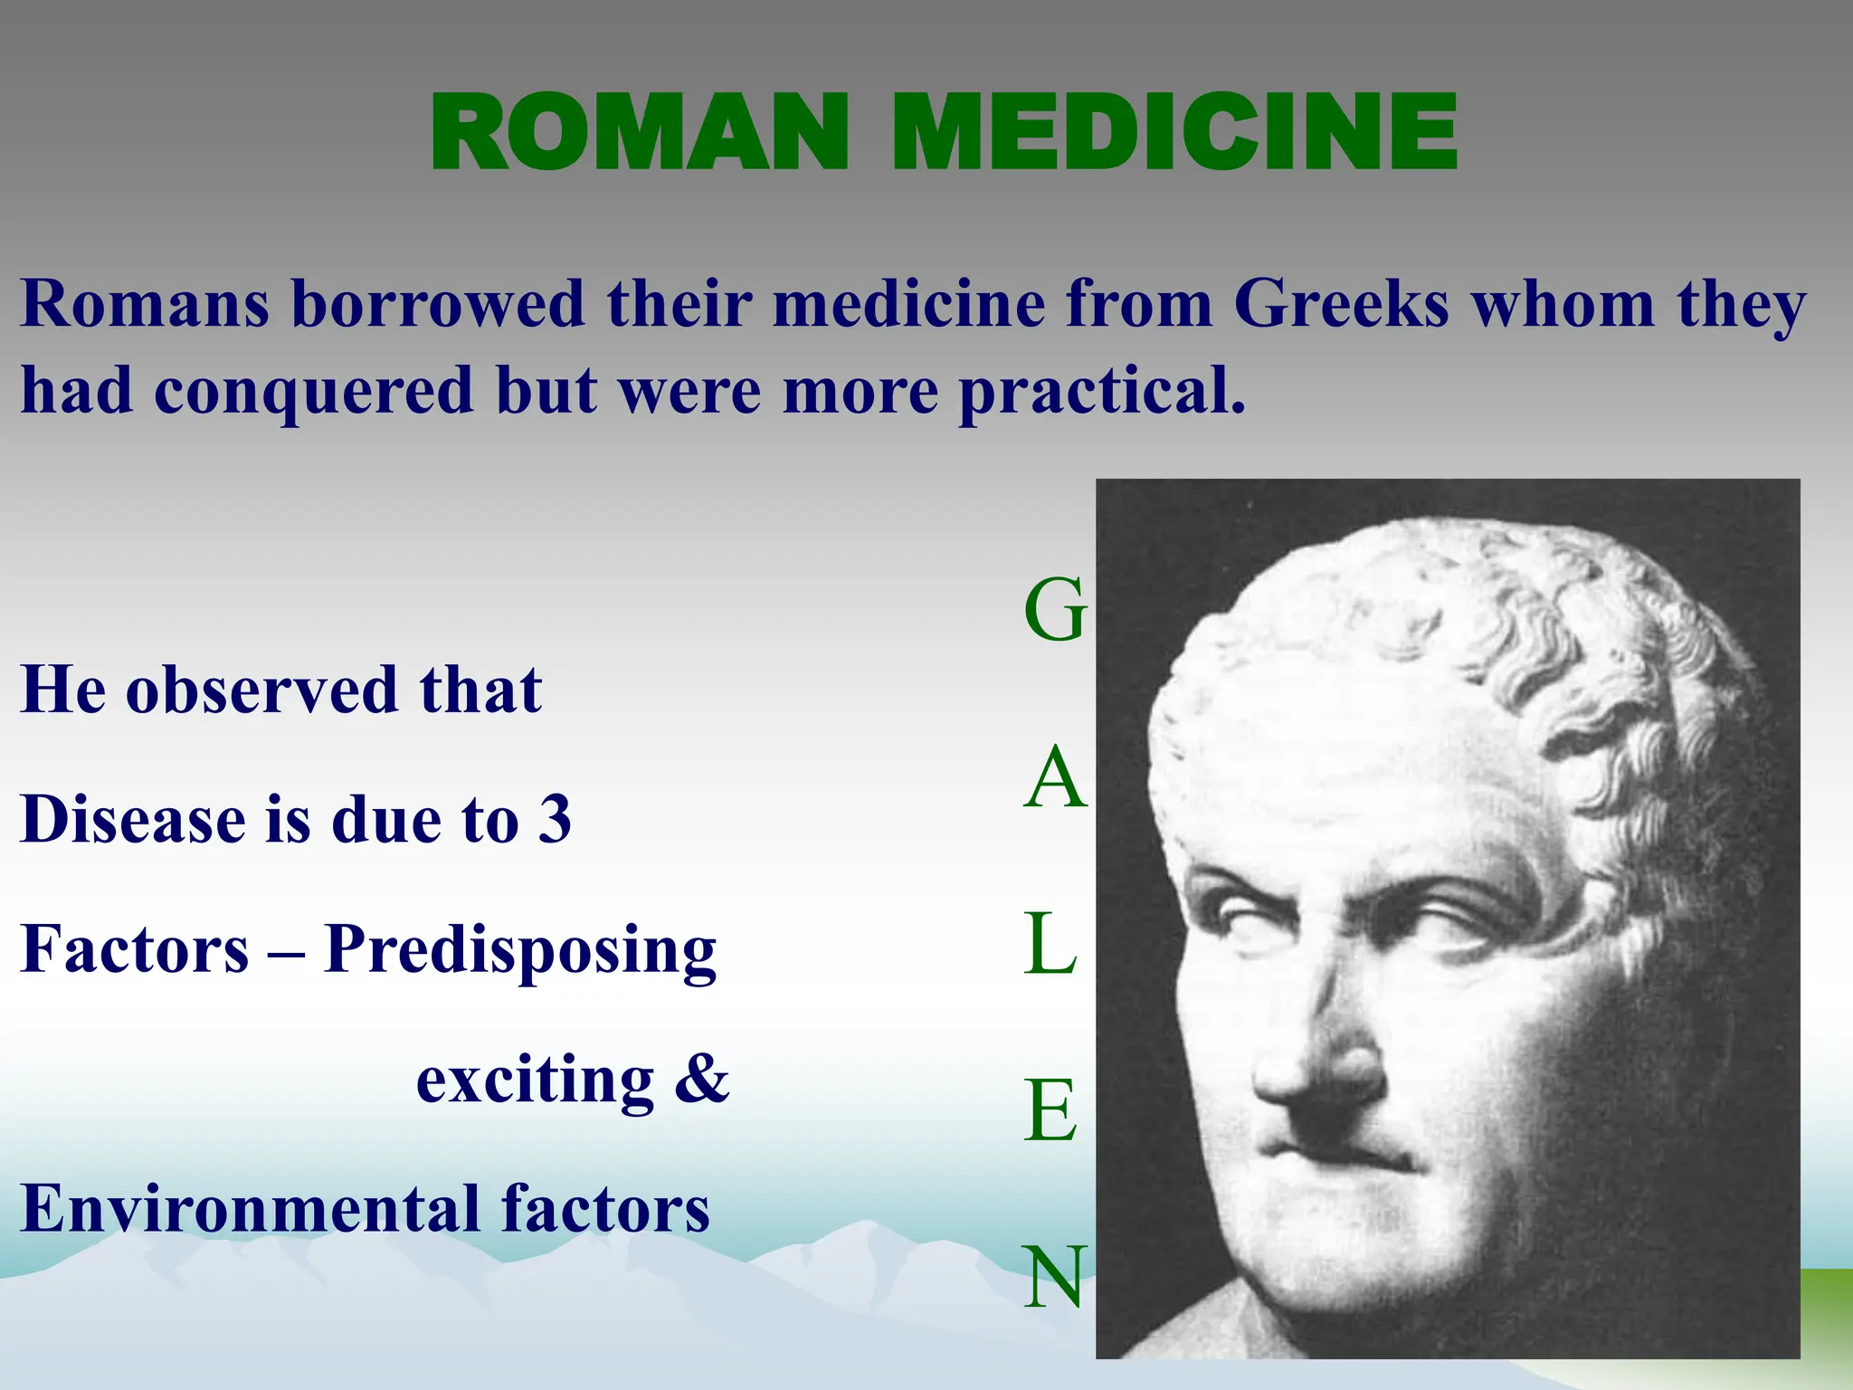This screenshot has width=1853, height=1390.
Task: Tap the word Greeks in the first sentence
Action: [x=1342, y=304]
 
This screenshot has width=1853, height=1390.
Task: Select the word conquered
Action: [x=313, y=392]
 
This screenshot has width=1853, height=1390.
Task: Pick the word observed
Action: [x=261, y=690]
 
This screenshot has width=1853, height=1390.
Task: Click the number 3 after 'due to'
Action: [x=555, y=820]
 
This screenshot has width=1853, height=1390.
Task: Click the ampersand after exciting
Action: [x=702, y=1080]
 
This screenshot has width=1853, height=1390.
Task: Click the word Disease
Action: [x=132, y=820]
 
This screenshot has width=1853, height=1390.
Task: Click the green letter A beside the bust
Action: [x=1054, y=779]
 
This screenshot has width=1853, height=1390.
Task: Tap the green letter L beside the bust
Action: [x=1050, y=945]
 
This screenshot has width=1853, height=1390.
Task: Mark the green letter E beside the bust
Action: [x=1050, y=1111]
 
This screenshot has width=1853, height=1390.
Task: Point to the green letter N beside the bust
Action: [x=1053, y=1277]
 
